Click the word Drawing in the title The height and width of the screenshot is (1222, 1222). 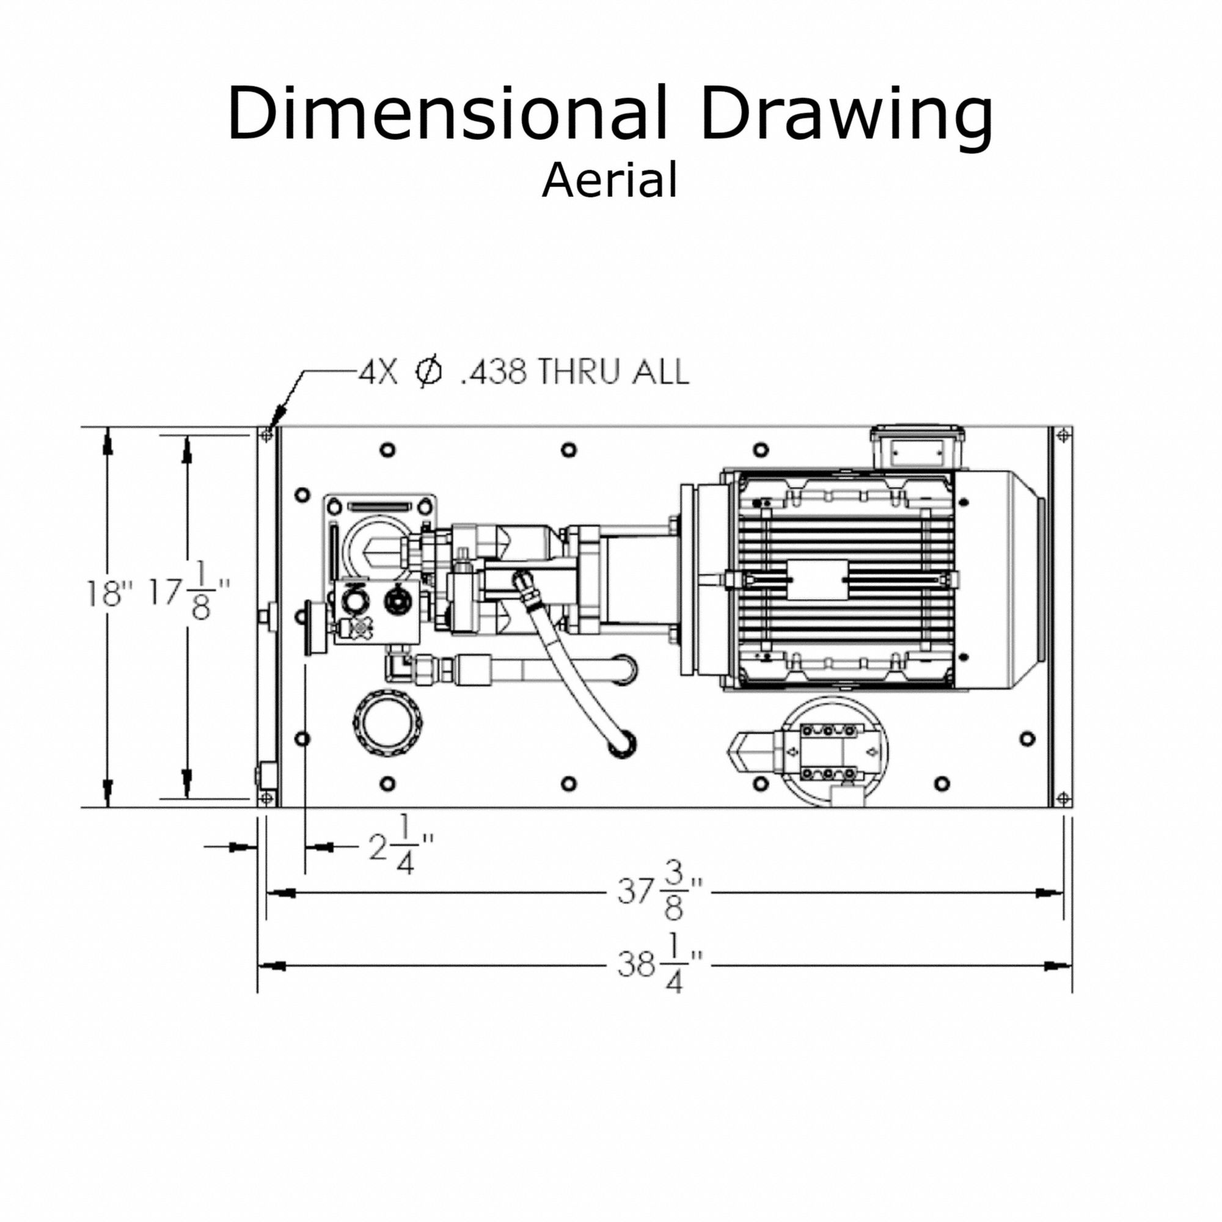point(847,117)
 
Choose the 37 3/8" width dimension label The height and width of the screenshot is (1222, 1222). point(660,894)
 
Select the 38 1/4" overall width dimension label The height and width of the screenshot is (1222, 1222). point(660,965)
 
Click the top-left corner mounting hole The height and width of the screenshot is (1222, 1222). point(266,435)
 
